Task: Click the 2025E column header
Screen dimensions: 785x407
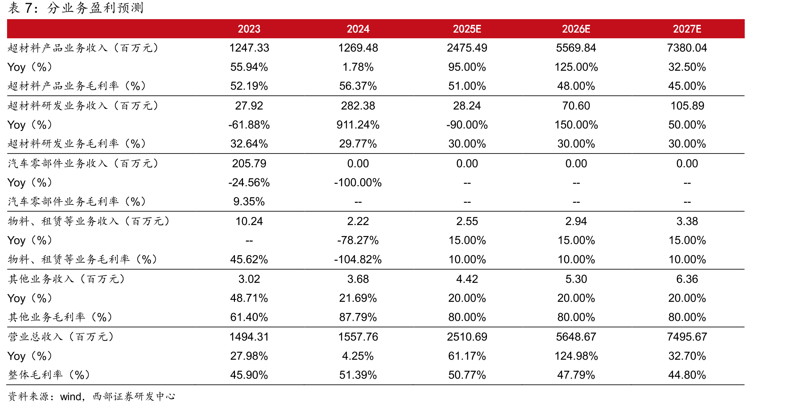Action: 467,29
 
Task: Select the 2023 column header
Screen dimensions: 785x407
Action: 249,29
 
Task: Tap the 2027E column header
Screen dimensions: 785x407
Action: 687,29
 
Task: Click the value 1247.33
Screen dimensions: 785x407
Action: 249,48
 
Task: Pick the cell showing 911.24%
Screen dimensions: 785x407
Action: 358,125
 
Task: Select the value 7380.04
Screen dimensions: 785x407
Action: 687,48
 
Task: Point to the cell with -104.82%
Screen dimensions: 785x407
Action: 358,260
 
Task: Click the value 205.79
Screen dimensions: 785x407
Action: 249,164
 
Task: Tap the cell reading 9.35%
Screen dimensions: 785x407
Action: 249,201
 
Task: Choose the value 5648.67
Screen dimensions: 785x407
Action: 576,337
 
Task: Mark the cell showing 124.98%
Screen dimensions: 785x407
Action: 576,356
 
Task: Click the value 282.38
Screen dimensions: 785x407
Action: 358,106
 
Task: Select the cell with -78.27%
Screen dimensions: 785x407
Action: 358,240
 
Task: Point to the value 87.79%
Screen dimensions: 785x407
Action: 358,317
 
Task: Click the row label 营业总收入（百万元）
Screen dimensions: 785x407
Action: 61,337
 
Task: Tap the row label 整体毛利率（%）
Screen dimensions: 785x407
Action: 49,375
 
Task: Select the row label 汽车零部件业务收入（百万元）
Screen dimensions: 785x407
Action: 83,164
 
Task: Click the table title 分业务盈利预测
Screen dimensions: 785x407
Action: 95,8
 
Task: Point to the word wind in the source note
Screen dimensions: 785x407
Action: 71,397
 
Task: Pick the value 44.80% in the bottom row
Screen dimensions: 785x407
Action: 687,375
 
